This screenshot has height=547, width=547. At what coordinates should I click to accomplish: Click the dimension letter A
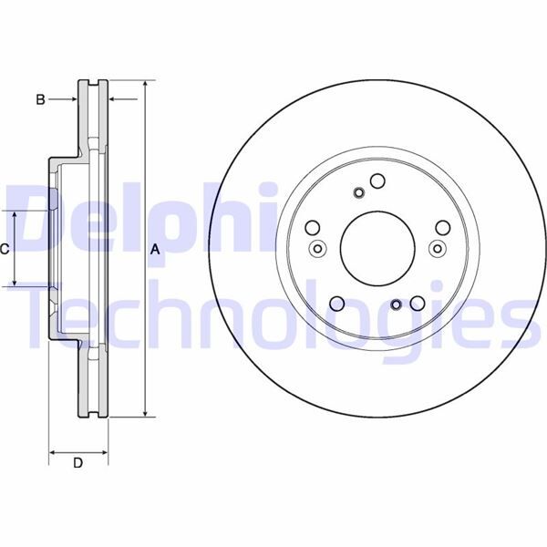155,249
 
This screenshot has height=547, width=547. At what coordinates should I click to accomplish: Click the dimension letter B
40,99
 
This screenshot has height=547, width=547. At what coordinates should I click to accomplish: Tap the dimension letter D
77,463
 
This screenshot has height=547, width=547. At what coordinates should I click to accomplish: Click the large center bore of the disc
377,248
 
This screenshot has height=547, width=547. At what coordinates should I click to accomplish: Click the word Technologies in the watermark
273,315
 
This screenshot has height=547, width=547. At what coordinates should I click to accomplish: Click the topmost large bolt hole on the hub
377,181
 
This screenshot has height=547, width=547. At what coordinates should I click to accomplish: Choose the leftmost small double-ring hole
317,249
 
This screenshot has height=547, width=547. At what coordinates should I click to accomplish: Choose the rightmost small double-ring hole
436,249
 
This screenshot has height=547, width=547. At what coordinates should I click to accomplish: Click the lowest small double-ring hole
396,305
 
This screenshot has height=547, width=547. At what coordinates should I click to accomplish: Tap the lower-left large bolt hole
336,304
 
